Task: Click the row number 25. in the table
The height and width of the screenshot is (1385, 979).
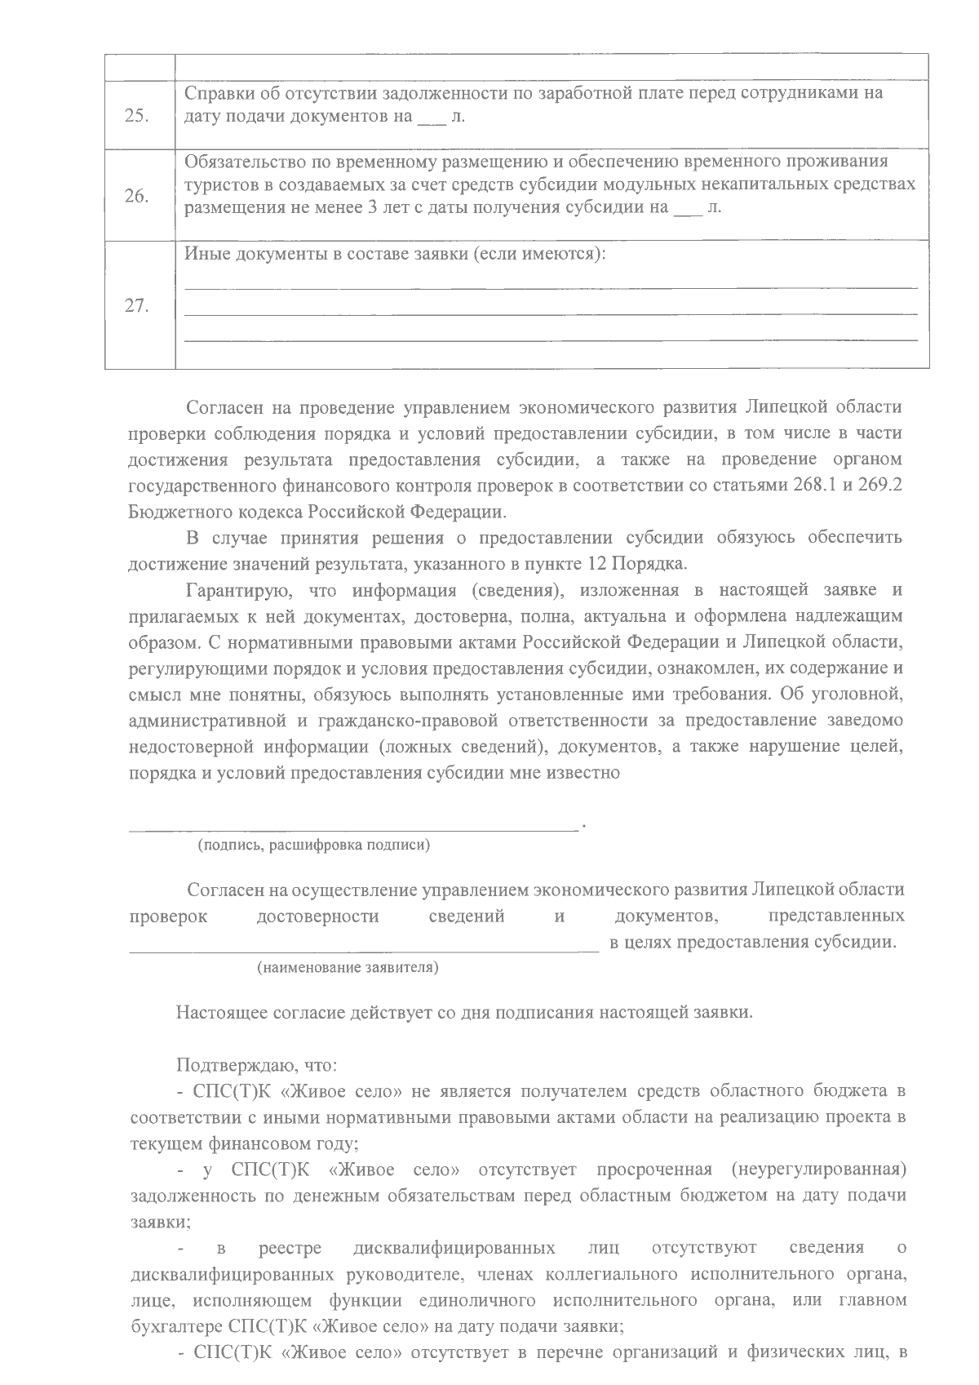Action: click(x=136, y=115)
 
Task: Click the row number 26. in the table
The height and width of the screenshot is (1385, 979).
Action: click(x=136, y=196)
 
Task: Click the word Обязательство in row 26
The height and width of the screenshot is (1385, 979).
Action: click(x=241, y=161)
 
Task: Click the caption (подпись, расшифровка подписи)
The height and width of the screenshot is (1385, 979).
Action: click(x=313, y=846)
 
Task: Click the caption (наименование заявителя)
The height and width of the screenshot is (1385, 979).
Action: click(x=348, y=968)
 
